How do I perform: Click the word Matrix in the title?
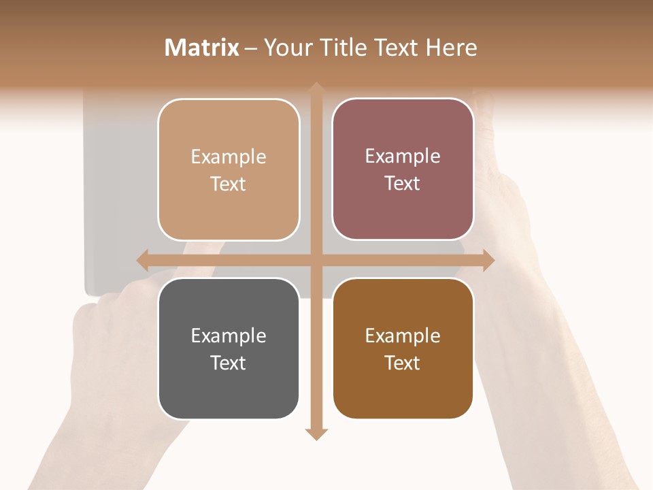click(202, 48)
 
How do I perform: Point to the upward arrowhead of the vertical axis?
click(316, 88)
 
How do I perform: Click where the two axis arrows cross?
click(316, 259)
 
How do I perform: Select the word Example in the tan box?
click(229, 157)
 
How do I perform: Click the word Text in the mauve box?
click(403, 184)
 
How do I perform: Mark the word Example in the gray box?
click(229, 336)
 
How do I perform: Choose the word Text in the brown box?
click(403, 363)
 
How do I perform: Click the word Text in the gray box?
click(229, 363)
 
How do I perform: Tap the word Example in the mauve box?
click(403, 157)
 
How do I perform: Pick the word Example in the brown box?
click(403, 336)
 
